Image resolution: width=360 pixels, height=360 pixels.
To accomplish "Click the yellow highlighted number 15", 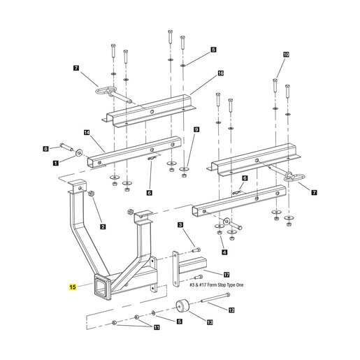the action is point(73,287).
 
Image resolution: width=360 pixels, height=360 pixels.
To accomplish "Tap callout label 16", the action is point(220,73).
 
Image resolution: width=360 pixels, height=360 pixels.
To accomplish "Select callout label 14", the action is point(87,133).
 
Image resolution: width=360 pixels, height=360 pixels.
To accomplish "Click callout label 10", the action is point(286,55).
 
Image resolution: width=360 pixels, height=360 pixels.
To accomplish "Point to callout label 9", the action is point(196,129).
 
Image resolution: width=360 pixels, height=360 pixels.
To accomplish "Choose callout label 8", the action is point(46,149).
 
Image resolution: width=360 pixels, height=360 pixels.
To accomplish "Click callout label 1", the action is point(55,163).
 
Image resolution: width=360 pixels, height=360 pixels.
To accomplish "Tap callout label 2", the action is point(103,226).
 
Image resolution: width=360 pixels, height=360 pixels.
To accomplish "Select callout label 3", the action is point(180,224).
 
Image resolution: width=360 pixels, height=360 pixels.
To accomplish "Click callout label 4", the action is point(224,252).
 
